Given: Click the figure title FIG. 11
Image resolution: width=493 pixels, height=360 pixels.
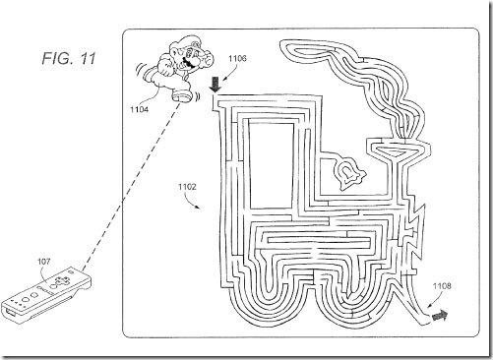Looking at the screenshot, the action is coord(69,59).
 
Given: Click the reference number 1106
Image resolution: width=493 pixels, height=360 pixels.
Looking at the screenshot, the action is coord(237,59).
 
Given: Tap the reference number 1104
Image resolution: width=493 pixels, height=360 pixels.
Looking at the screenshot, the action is coord(139,109).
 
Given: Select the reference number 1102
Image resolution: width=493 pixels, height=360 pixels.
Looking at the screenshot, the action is coord(187,187).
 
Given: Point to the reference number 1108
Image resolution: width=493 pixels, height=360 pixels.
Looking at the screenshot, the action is coord(442,286).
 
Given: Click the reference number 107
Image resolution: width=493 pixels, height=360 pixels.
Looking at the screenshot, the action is coord(44,262).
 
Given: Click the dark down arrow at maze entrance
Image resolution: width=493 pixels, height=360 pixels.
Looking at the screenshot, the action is coord(216,85).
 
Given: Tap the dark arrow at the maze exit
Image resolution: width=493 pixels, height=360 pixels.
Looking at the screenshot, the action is coord(440,316).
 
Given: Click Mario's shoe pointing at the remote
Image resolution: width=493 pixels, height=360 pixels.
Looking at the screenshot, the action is coord(182,95).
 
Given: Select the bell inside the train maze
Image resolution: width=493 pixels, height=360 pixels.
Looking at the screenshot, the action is coord(348,174).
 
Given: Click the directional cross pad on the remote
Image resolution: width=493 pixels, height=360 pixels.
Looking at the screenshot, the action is coord(61,280).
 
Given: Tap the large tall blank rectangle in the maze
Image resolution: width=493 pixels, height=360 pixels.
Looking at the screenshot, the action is coord(272,165).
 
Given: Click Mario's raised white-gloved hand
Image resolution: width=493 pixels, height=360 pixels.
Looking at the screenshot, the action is coord(206,59).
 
